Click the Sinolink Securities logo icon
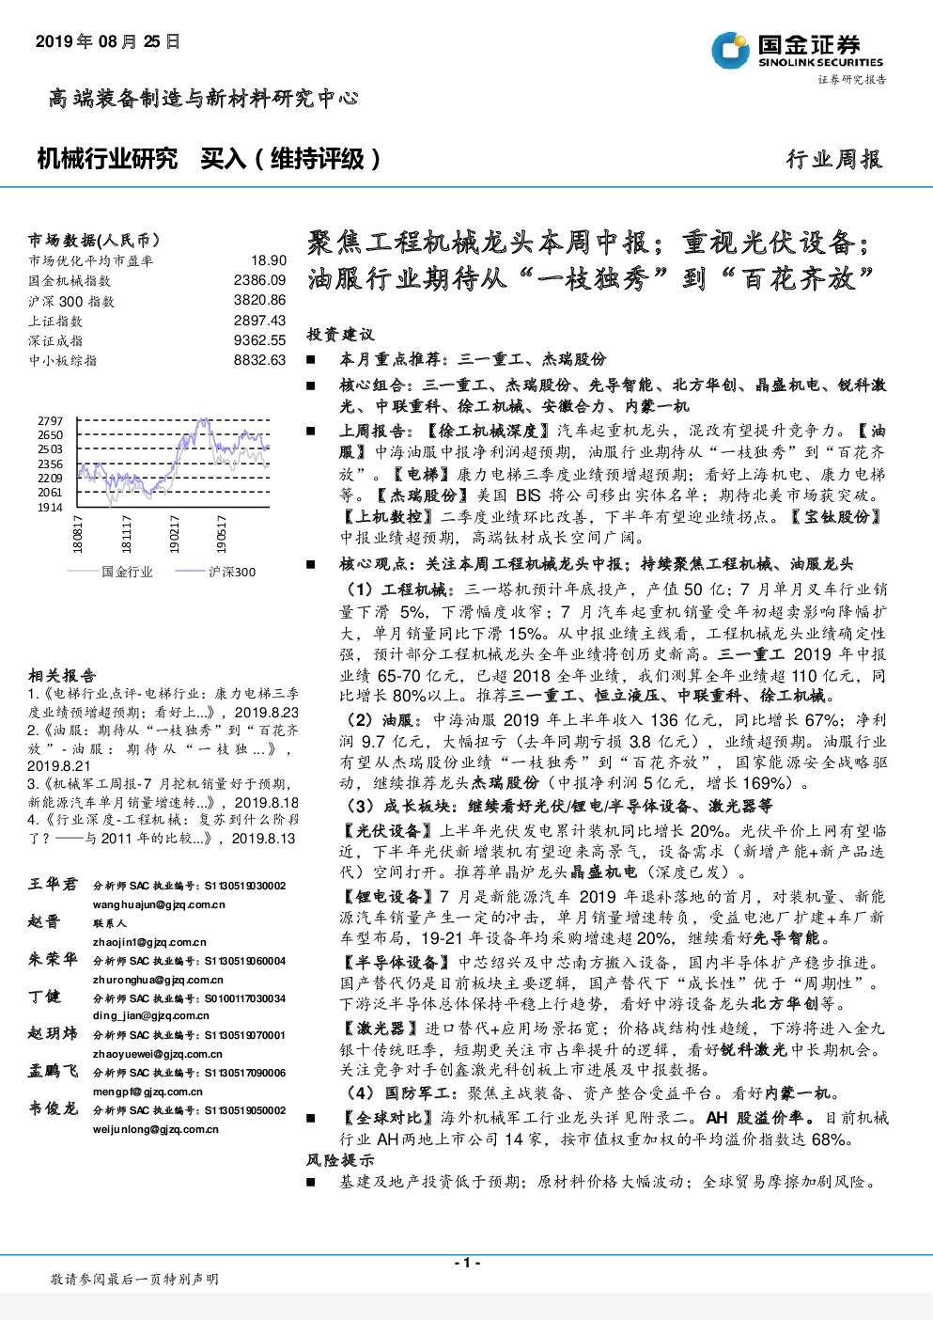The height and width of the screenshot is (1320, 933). (x=731, y=50)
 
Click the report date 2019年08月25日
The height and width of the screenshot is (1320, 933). (x=108, y=42)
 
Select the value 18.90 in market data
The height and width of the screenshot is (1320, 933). (x=269, y=260)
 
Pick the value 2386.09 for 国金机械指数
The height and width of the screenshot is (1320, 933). (x=259, y=280)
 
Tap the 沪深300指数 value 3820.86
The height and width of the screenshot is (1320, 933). (x=259, y=300)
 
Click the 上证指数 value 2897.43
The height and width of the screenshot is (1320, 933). (x=259, y=320)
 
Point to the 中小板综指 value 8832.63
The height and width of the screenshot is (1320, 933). (x=259, y=359)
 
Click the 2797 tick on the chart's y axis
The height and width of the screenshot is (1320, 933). (x=50, y=421)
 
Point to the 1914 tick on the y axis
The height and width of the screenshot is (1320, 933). (x=50, y=508)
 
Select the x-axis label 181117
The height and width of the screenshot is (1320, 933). (x=126, y=534)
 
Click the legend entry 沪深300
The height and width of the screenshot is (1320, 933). (x=215, y=572)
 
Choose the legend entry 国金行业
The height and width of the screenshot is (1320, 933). (x=110, y=572)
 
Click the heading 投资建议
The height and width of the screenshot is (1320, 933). (x=340, y=335)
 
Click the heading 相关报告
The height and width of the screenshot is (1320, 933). (x=62, y=675)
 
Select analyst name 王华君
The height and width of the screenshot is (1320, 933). (x=53, y=885)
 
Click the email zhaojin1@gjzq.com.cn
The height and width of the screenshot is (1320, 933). (x=149, y=942)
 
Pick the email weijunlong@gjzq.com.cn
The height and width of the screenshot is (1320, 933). (x=156, y=1130)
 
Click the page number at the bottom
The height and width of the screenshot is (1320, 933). (x=467, y=1263)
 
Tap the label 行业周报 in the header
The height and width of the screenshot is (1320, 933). (x=834, y=159)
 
